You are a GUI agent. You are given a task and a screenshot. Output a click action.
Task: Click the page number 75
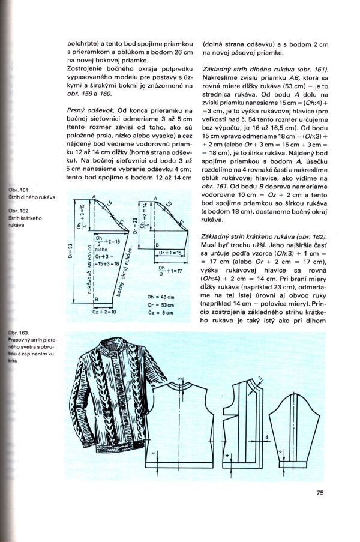tap(320, 493)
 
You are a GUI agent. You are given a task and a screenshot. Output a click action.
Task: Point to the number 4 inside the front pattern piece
tap(226, 462)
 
